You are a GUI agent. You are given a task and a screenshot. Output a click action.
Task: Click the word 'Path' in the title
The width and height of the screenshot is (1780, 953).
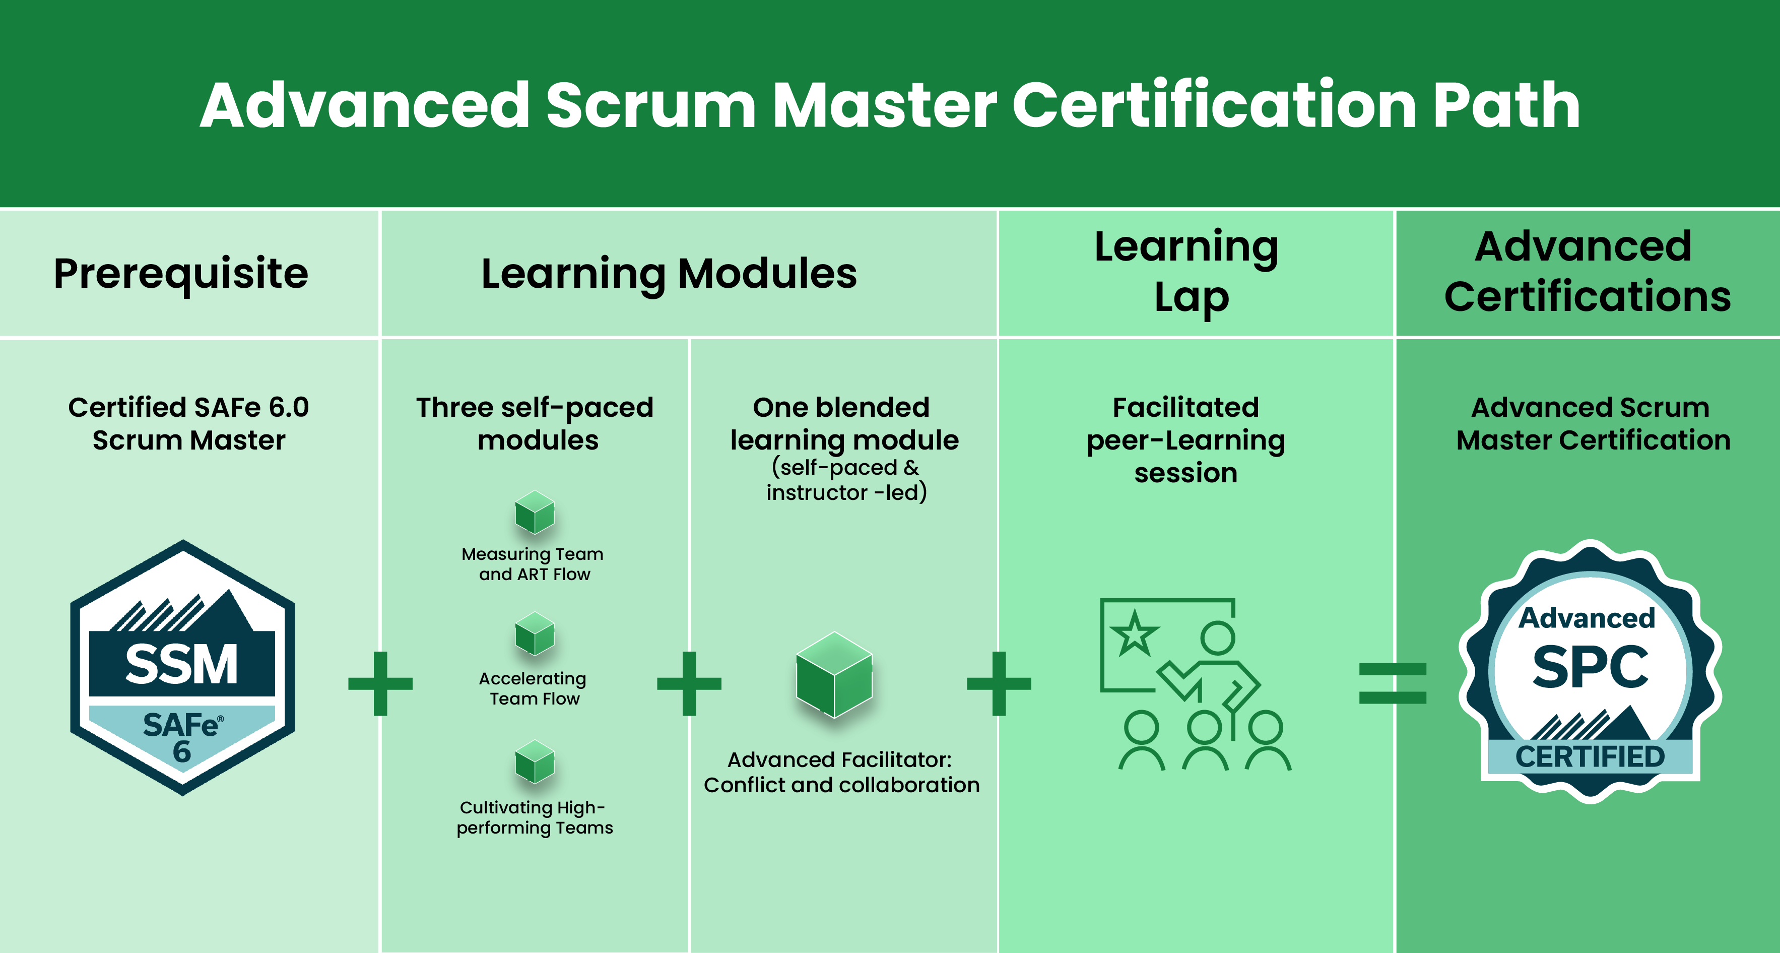[x=1506, y=105]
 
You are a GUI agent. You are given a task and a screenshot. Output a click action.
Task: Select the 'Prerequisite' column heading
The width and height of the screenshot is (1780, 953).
[x=181, y=274]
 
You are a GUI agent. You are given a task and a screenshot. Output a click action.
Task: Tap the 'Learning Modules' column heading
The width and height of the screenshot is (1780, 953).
[x=669, y=274]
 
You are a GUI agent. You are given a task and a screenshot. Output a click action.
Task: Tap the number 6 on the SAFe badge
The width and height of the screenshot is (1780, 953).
[x=182, y=752]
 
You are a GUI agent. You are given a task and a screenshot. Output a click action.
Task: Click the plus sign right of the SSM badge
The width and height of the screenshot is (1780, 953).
[x=380, y=683]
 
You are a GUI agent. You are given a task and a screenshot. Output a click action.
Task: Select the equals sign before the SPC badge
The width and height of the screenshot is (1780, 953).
[x=1393, y=683]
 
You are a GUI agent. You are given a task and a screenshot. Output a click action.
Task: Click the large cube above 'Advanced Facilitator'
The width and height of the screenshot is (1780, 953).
[x=834, y=675]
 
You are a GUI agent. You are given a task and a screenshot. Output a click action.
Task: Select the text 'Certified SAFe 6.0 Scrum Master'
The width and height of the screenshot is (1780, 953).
[x=188, y=424]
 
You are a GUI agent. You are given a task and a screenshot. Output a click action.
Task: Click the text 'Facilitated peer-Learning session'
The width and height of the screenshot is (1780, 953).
[x=1186, y=440]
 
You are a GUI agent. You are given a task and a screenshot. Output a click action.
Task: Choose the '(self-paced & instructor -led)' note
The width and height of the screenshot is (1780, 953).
[x=846, y=480]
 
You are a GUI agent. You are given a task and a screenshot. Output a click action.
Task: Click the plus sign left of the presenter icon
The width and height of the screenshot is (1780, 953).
[x=999, y=683]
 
